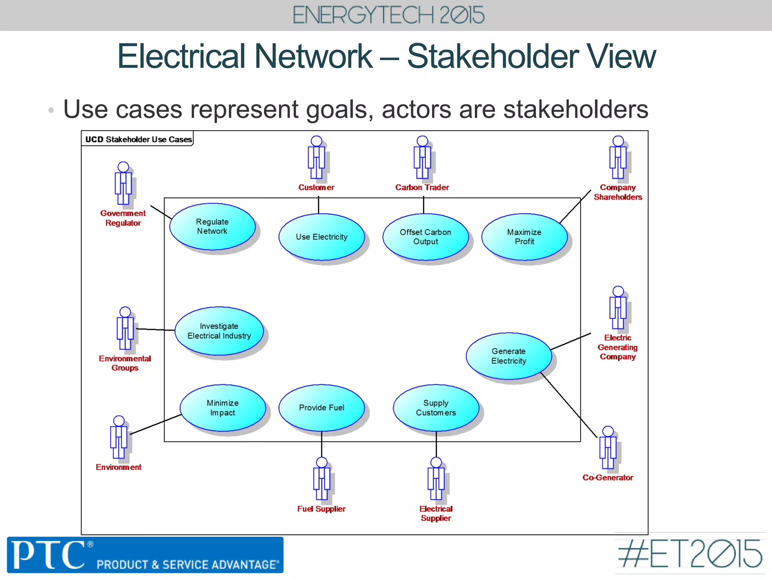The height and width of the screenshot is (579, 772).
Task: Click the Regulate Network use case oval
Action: pos(212,227)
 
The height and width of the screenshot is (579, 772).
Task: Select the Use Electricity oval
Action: pos(322,237)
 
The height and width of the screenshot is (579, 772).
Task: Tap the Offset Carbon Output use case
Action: pos(426,237)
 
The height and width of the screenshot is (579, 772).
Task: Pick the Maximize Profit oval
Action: pos(524,237)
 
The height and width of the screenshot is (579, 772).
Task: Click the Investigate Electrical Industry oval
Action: pos(219,331)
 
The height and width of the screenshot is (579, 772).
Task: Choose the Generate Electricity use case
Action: pos(509,356)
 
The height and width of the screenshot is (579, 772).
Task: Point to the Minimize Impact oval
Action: pos(223,408)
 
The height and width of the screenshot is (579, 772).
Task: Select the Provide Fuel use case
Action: pos(322,408)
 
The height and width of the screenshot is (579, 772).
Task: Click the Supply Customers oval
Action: pos(436,408)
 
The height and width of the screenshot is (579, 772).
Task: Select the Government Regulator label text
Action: pos(123,218)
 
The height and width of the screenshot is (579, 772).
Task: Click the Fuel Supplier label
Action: pos(321,509)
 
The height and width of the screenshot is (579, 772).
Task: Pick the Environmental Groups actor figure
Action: pos(125,328)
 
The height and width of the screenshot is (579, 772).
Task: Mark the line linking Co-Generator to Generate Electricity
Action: pos(569,405)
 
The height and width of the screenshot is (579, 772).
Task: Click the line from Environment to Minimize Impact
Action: pos(155,424)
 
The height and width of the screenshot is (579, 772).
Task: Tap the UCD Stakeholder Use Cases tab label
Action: pos(138,139)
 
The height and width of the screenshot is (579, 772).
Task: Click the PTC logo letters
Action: pos(48,554)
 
